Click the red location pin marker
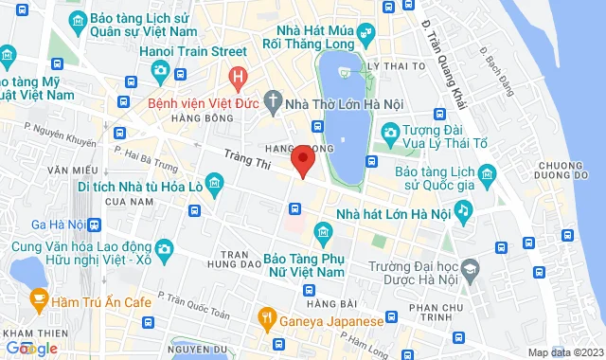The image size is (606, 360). click(x=302, y=159)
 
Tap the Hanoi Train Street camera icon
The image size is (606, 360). click(x=161, y=70)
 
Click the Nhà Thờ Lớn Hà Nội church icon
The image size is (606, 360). click(x=273, y=100)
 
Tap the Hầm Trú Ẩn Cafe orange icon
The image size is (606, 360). click(x=40, y=301)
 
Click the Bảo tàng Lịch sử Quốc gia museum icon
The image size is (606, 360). click(x=486, y=173)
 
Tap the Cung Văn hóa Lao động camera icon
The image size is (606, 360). click(x=165, y=249)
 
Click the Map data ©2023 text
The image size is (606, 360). click(x=563, y=352)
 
